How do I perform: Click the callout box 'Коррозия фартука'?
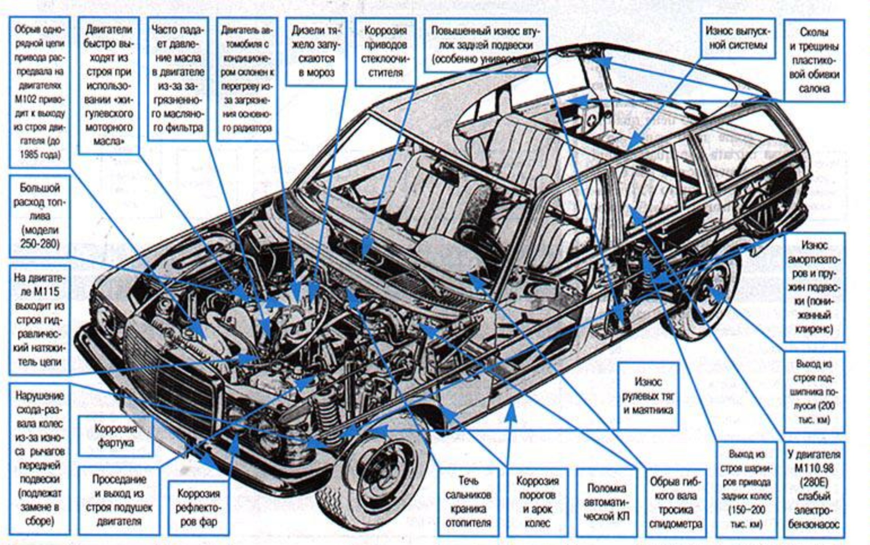(x=115, y=436)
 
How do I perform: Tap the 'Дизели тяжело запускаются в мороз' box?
(x=316, y=51)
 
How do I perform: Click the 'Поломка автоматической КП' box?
(x=606, y=502)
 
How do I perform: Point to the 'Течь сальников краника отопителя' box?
(x=468, y=502)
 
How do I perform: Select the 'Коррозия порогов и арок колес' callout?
(x=537, y=502)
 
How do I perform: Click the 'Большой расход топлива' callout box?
(x=40, y=216)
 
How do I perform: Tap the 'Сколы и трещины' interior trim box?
(x=814, y=60)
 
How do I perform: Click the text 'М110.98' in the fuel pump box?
(x=814, y=468)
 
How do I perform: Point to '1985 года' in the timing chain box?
(x=40, y=155)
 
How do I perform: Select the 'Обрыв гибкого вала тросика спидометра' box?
(x=675, y=502)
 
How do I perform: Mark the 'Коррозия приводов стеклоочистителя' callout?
(x=385, y=51)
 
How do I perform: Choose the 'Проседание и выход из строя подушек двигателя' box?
(x=119, y=500)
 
